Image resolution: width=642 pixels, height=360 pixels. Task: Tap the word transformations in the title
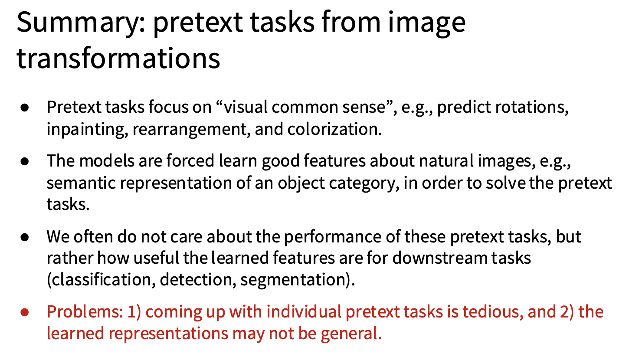click(x=118, y=59)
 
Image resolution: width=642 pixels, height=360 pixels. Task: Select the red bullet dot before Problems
click(x=25, y=312)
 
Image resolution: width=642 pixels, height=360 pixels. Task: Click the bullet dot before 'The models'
click(x=25, y=161)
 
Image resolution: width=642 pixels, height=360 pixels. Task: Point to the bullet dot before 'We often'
click(x=25, y=237)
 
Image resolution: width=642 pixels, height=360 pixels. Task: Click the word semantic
click(x=81, y=183)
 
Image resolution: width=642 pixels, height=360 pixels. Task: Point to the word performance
click(x=332, y=237)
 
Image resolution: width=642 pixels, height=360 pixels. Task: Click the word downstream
click(x=439, y=258)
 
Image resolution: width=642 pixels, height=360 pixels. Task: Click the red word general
click(x=351, y=334)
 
